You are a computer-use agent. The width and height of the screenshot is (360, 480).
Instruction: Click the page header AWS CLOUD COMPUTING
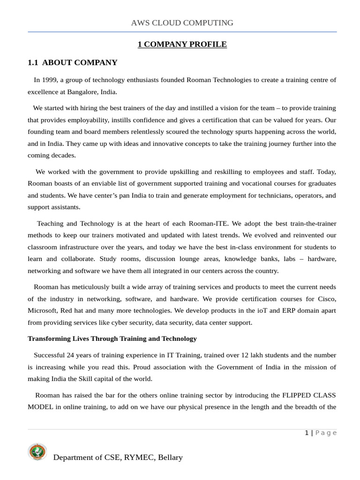182,22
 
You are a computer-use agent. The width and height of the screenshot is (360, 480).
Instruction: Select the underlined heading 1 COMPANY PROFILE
182,45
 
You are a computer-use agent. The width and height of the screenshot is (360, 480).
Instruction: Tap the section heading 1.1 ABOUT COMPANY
73,63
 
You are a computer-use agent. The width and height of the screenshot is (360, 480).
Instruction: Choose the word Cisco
327,299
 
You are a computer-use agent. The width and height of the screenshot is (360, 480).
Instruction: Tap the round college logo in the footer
37,452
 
